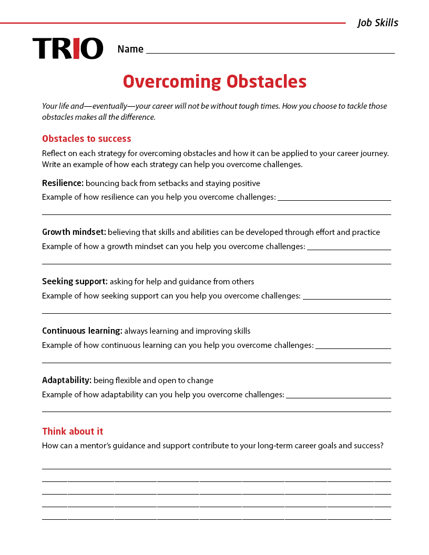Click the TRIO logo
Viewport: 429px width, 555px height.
[68, 48]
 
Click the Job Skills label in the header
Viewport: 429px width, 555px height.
[377, 23]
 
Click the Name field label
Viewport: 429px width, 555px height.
[130, 49]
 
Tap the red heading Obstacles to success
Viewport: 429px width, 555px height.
[87, 139]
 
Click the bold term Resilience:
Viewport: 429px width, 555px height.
[63, 183]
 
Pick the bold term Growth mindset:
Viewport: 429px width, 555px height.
[74, 232]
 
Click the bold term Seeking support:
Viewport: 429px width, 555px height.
[75, 282]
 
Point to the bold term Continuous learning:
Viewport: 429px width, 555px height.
[82, 331]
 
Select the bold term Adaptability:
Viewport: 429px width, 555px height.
[67, 381]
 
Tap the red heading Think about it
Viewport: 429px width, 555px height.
[73, 431]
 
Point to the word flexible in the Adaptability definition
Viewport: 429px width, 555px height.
[128, 381]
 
